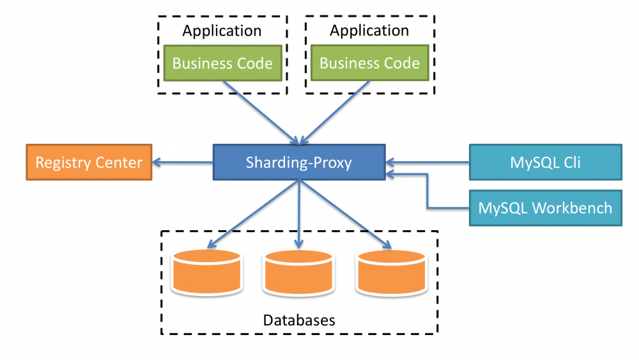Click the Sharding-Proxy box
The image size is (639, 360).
tap(299, 162)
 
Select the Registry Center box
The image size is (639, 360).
tap(89, 162)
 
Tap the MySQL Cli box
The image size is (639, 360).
tap(545, 162)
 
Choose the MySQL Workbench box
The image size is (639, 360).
tap(545, 208)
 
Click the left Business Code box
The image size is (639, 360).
tap(222, 63)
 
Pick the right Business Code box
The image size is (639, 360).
tap(369, 63)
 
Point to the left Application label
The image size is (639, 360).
tap(222, 31)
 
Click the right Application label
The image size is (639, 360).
tap(369, 31)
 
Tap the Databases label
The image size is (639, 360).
tap(299, 320)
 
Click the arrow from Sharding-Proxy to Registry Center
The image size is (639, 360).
tap(183, 162)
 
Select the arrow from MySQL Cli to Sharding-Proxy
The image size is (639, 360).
tap(428, 162)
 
